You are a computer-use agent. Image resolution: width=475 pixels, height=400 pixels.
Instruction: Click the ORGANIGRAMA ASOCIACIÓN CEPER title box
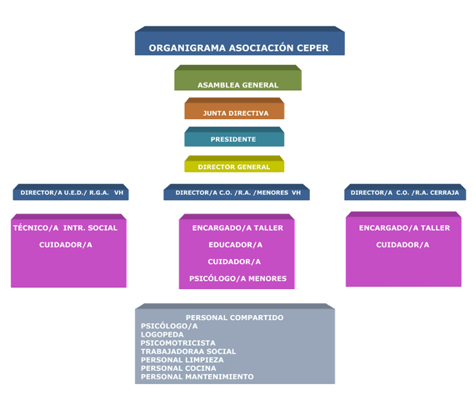pos(240,41)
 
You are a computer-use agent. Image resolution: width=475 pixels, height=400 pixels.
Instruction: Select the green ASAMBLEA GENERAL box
pos(237,77)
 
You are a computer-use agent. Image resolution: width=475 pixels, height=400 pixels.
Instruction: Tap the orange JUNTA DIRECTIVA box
pos(234,108)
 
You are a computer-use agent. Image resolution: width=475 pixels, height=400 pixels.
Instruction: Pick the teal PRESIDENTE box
pos(234,137)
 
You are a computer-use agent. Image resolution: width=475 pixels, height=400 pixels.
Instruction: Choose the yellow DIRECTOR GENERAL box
pos(234,164)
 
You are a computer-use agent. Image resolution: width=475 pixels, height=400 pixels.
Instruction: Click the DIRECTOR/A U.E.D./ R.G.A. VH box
pos(71,192)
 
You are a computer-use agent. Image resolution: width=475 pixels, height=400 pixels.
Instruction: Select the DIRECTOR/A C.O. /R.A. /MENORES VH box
pos(237,192)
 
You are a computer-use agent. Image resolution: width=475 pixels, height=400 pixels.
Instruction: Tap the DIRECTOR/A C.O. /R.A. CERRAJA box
pos(405,192)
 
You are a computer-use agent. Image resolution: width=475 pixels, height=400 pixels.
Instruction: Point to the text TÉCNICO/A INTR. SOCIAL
pos(65,227)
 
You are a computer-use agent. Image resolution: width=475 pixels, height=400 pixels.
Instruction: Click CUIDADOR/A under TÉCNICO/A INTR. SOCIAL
pos(66,245)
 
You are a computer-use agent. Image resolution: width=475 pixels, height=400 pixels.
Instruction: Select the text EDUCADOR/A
pos(235,245)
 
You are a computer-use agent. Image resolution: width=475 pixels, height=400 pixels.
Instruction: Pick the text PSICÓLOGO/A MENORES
pos(237,278)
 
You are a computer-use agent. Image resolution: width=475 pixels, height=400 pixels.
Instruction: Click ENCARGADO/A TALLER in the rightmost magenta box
pos(404,227)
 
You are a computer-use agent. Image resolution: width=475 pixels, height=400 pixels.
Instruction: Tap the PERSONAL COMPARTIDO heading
pos(235,317)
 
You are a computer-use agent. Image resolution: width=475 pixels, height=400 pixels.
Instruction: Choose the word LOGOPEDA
pos(162,334)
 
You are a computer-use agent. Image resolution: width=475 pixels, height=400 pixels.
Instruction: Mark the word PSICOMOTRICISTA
pos(178,343)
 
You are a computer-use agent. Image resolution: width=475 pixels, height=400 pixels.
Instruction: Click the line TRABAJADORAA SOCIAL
pos(188,352)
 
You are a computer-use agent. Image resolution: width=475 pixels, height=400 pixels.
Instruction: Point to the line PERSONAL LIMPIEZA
pos(182,360)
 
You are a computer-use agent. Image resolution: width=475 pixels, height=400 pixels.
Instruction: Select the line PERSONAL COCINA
pos(178,368)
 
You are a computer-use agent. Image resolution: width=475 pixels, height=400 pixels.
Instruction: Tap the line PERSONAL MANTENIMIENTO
pos(197,377)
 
